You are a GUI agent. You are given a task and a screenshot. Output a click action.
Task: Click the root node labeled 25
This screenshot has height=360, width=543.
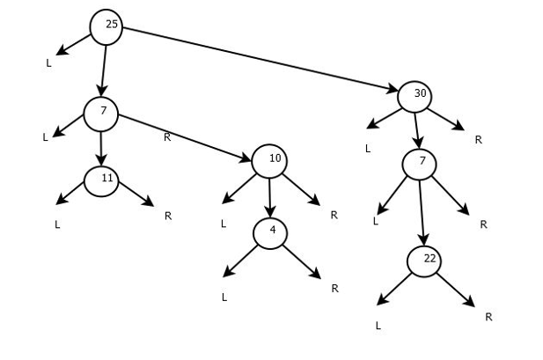coord(106,26)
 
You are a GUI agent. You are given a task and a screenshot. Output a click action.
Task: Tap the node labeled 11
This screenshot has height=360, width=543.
coord(102,180)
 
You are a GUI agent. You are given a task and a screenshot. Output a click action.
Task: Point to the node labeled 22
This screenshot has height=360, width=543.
coord(424,261)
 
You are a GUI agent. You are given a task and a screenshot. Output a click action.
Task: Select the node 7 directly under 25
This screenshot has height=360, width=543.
coord(101,112)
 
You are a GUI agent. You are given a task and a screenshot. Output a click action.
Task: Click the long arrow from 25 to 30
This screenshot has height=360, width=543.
coord(260,59)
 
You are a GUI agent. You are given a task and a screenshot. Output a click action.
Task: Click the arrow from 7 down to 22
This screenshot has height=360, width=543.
coord(422,211)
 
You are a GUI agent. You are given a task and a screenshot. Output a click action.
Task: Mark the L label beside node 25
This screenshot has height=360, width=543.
coord(48,62)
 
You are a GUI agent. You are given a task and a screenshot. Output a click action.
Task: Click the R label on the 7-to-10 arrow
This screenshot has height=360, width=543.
coord(166,136)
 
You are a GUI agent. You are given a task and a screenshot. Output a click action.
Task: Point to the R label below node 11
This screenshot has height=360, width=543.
coord(167,215)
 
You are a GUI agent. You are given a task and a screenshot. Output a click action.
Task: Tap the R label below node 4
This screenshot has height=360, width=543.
coord(334,288)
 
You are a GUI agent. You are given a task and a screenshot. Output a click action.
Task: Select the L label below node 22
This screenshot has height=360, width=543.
coord(378,325)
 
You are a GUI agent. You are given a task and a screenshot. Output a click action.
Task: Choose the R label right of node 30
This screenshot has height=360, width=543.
coord(478,139)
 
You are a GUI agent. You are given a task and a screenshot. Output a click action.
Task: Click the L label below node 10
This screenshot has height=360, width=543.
coord(224,224)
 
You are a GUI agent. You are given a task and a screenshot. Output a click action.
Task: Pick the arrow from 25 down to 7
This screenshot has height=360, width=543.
coord(104,68)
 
